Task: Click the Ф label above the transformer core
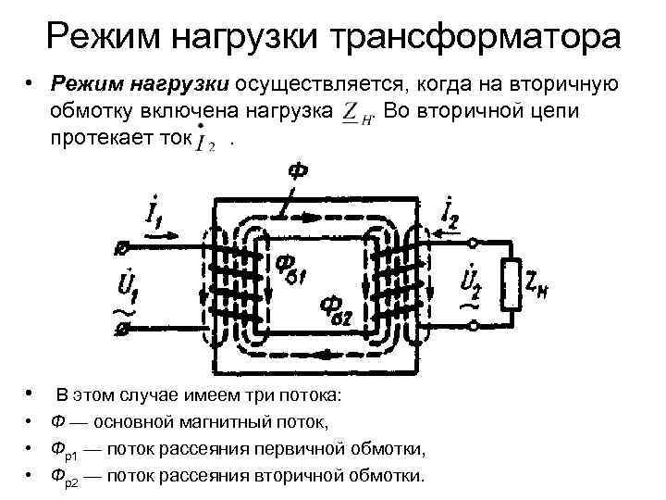[x=299, y=172]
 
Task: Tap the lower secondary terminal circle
[x=475, y=324]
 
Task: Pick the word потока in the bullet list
[x=309, y=396]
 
